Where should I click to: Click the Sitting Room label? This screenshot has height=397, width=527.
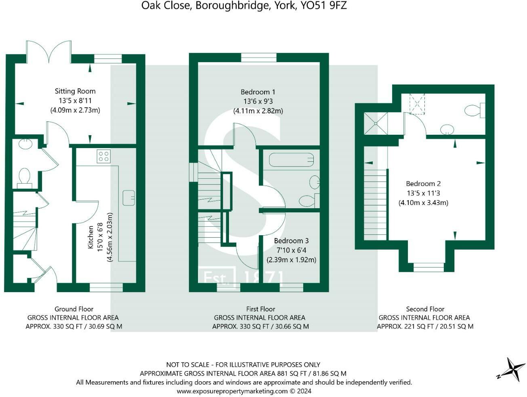pos(75,91)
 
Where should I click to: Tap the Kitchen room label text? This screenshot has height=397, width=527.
pos(90,237)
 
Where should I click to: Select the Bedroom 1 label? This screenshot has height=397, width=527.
pos(258,92)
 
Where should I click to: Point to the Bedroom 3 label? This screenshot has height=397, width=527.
pos(291,241)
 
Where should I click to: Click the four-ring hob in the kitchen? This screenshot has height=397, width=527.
pos(104,156)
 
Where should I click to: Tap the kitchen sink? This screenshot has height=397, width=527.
pos(129,198)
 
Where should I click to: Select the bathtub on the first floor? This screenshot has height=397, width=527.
pos(291,160)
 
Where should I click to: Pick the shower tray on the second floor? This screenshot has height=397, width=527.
pos(376,123)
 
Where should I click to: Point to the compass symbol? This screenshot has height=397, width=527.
pos(511,369)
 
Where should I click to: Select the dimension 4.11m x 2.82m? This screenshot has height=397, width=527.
pos(258,111)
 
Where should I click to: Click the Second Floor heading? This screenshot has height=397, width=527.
pos(425,309)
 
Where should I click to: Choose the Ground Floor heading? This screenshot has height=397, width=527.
pos(74,309)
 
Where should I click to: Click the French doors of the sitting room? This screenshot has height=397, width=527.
pos(49,52)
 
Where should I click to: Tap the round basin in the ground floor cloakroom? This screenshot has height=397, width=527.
pos(25,144)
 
